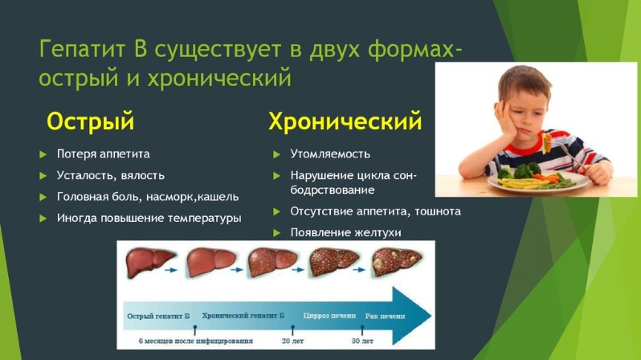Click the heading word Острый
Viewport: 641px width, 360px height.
90,121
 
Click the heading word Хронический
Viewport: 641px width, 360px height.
345,121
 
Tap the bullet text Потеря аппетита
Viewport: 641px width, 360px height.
103,153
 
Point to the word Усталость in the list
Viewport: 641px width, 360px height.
83,175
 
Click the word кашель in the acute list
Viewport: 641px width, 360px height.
217,197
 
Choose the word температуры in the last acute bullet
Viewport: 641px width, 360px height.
208,218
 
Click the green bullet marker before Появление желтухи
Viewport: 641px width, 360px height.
276,232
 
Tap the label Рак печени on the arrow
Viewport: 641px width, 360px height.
385,316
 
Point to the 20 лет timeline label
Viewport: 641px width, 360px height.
292,340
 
